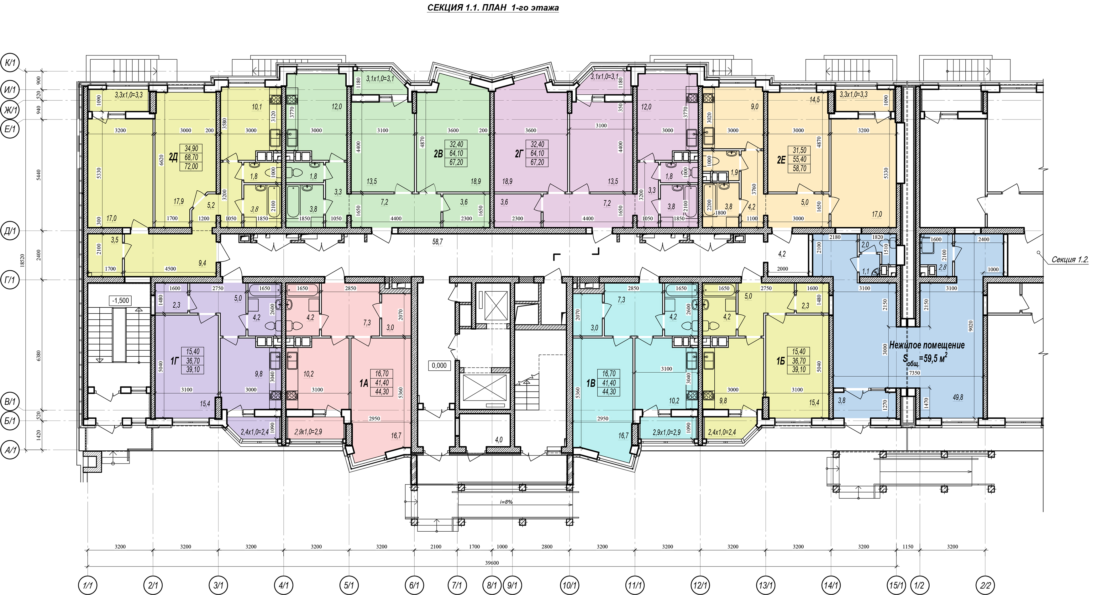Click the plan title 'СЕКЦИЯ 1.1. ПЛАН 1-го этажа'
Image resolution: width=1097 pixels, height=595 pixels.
click(493, 8)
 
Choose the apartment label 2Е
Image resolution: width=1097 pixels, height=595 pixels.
click(781, 160)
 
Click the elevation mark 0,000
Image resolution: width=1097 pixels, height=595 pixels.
click(439, 365)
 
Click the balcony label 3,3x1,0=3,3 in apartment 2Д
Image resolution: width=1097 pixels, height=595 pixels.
click(129, 95)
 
